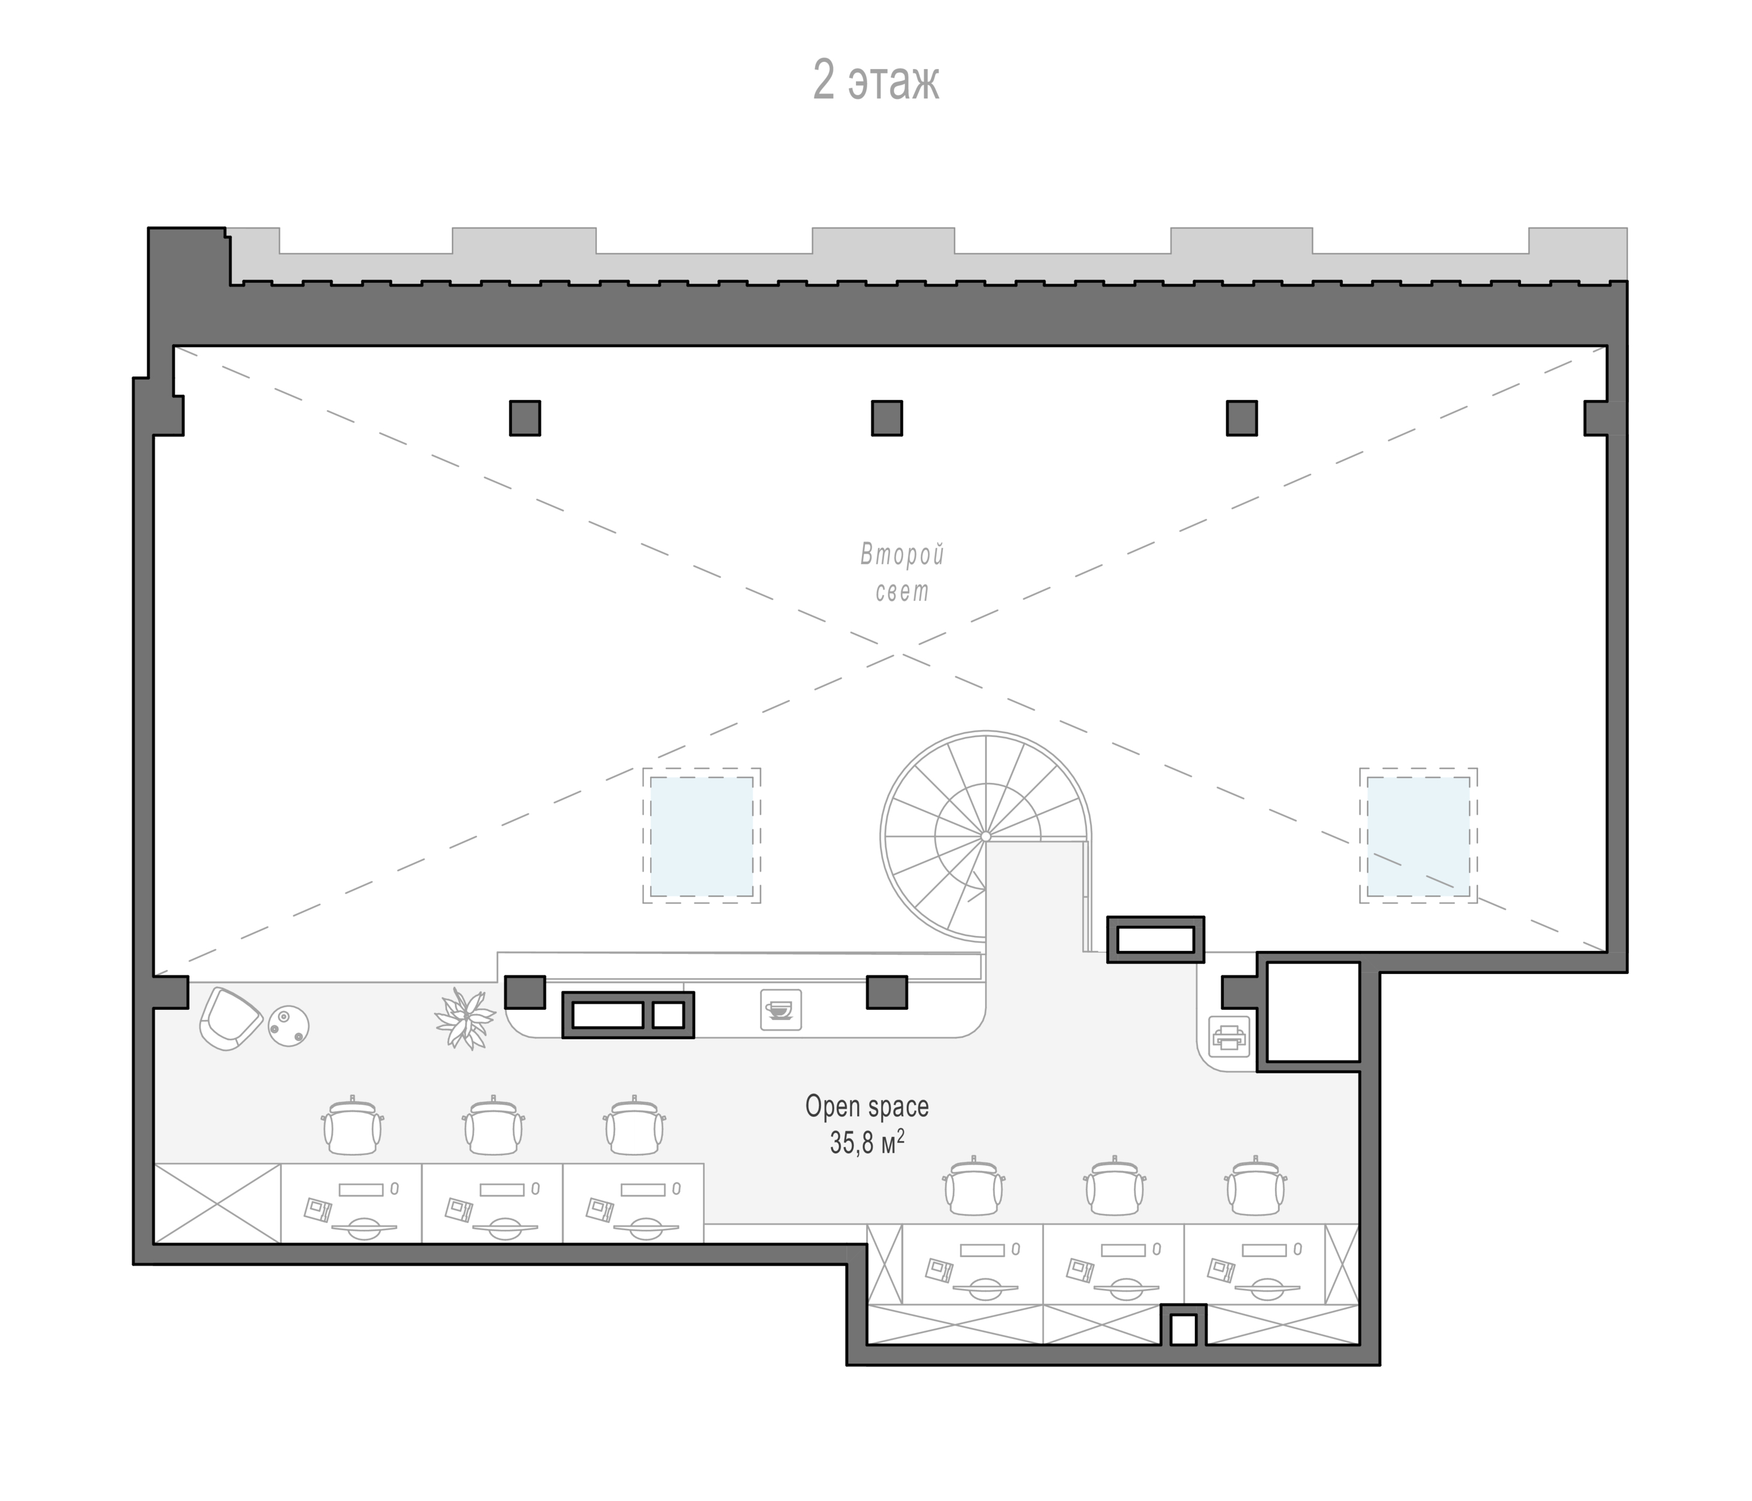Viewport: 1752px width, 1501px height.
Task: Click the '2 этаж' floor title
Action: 876,80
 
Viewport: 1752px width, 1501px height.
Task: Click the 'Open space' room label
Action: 867,1106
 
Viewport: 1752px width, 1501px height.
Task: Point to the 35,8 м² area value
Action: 867,1143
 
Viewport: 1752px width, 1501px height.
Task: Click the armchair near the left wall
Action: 230,1018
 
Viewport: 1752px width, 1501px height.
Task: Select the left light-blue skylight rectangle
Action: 701,836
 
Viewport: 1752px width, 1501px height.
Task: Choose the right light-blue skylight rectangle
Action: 1418,836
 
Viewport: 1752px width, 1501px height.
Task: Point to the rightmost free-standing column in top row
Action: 1241,418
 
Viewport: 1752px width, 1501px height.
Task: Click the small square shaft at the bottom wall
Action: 1183,1329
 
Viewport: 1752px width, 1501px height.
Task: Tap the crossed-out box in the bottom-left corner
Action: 217,1203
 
